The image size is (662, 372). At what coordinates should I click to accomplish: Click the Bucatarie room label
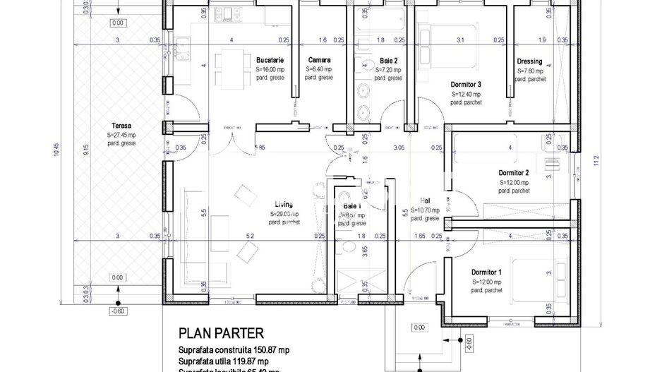pos(270,61)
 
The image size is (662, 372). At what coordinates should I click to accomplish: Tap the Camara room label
pos(319,61)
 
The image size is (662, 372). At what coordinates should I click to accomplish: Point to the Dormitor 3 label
pos(466,84)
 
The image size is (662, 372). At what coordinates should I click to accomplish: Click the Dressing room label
pos(529,61)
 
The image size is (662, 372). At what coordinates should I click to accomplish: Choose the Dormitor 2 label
pos(513,173)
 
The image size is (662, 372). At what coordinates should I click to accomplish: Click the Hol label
pos(425,200)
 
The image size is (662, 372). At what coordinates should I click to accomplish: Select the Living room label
pos(284,205)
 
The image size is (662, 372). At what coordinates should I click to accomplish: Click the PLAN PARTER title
pos(221,332)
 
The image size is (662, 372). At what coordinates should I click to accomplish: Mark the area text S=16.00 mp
pos(270,70)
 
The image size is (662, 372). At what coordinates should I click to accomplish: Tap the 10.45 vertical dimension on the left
pos(56,152)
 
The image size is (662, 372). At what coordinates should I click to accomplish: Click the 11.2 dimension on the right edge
pos(597,162)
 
